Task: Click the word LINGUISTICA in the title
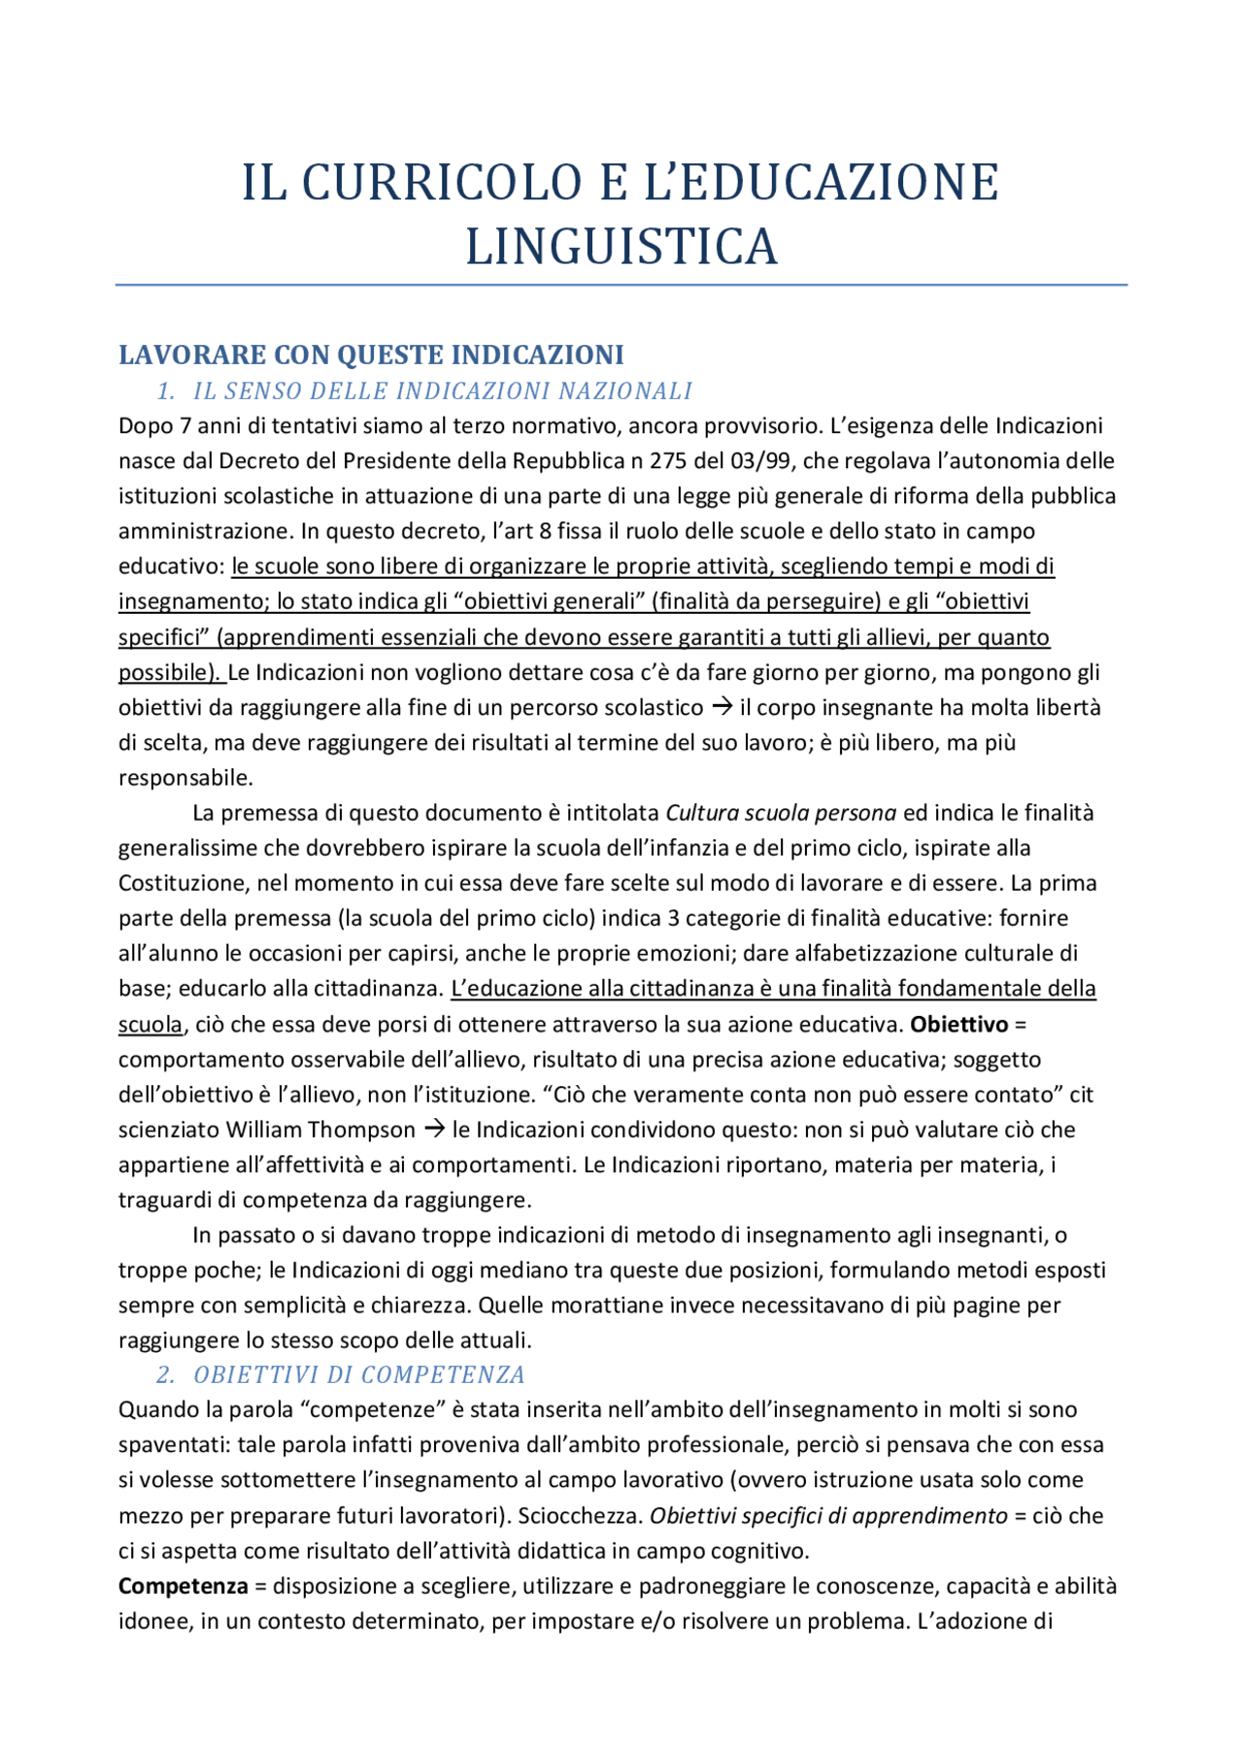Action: coord(621,246)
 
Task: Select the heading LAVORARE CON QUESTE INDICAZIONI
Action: coord(371,355)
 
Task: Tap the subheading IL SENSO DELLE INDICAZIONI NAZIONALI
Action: coord(442,391)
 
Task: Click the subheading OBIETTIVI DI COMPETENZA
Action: coord(358,1375)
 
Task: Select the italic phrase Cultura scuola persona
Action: coord(781,813)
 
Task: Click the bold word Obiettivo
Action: coord(958,1025)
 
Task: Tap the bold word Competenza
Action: coord(183,1586)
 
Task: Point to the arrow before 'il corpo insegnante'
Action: coord(722,707)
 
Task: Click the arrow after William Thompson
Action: coord(434,1130)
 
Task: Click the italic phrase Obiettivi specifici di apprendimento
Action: coord(828,1516)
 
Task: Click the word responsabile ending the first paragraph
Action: coord(185,778)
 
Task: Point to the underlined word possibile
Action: coord(167,672)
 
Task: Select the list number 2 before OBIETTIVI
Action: coord(165,1375)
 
